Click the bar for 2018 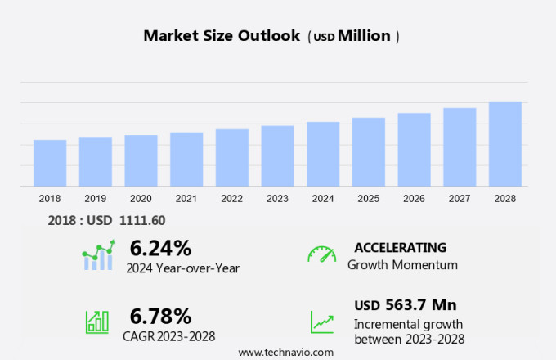click(50, 163)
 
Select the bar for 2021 click(186, 160)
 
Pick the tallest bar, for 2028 click(505, 144)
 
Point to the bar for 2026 click(414, 150)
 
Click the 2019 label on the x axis click(96, 199)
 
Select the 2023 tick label click(277, 199)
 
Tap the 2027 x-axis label click(460, 199)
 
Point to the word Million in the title click(364, 36)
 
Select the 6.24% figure click(160, 248)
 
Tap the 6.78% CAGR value click(160, 316)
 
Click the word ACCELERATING click(400, 247)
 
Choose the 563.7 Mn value click(420, 305)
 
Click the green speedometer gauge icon click(321, 254)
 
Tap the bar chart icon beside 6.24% click(98, 255)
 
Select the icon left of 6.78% click(97, 321)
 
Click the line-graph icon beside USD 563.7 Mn click(321, 321)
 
